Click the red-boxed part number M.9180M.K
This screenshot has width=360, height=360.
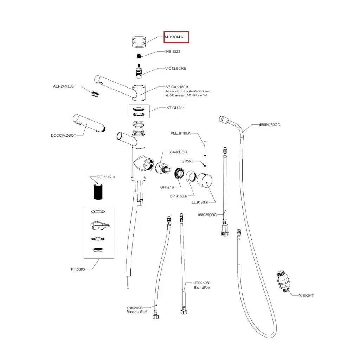(x=176, y=37)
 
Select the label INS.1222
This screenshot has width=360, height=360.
(x=173, y=51)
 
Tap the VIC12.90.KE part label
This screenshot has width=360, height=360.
(x=176, y=68)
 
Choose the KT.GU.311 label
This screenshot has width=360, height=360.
(x=175, y=108)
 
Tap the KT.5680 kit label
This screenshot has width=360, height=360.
(x=78, y=270)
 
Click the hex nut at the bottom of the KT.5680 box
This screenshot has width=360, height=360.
(x=97, y=250)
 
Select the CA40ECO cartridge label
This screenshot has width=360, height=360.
(x=179, y=152)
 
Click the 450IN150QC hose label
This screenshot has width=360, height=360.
(x=270, y=125)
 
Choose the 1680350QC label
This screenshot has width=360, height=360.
(x=207, y=215)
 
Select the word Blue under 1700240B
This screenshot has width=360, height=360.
(x=206, y=288)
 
